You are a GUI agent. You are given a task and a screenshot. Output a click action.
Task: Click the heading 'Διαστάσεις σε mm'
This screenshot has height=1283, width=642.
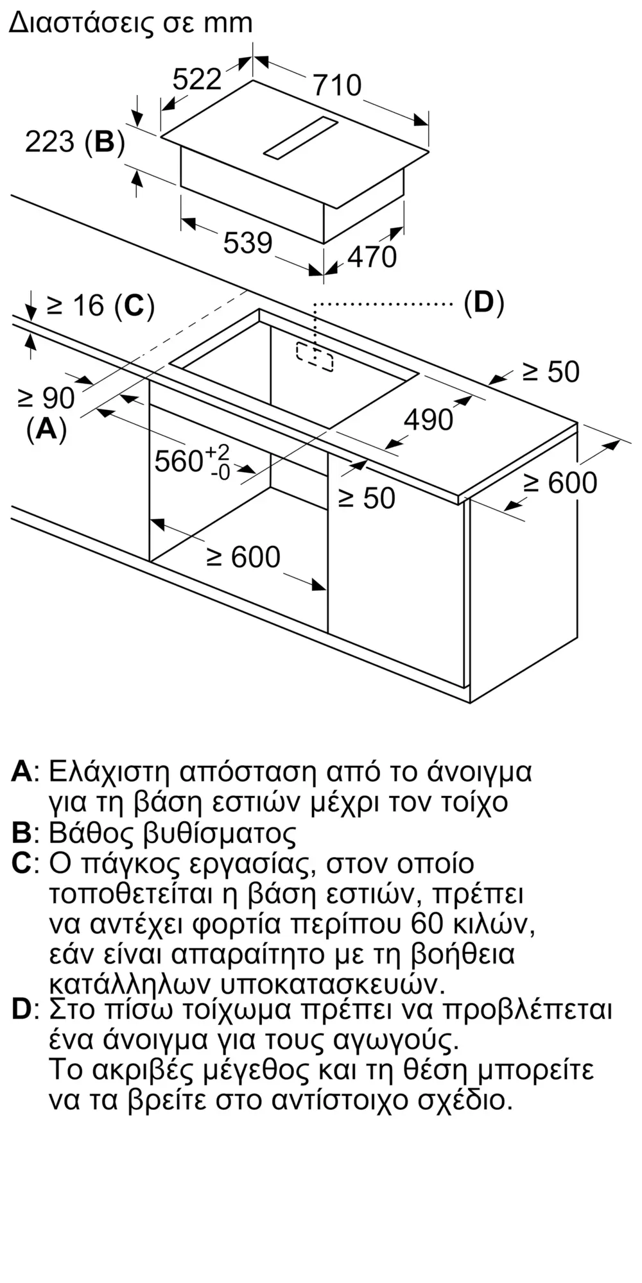click(x=131, y=23)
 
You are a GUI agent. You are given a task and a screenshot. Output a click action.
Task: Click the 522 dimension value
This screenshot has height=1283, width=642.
click(x=197, y=80)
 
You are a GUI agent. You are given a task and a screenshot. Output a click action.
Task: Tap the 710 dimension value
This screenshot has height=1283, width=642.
click(x=337, y=85)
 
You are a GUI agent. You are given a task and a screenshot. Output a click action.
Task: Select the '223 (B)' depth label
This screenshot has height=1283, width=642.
click(x=74, y=141)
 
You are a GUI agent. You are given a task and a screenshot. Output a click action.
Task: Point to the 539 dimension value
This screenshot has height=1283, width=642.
click(x=248, y=243)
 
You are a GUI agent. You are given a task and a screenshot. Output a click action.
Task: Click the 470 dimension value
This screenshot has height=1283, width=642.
click(x=372, y=257)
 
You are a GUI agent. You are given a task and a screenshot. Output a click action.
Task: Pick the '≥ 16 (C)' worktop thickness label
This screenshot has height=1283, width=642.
click(x=101, y=306)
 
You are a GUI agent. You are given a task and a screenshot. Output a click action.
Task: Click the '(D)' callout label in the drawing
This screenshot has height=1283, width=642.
click(x=484, y=302)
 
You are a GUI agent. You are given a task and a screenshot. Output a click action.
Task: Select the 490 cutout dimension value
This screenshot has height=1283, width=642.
click(x=428, y=420)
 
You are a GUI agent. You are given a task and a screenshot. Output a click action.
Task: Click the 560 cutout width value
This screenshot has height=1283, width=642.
click(x=179, y=461)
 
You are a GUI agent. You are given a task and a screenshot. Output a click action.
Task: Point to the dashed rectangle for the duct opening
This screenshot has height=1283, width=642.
click(x=315, y=356)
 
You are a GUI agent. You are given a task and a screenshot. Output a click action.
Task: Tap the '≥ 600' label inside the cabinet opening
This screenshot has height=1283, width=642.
click(x=243, y=557)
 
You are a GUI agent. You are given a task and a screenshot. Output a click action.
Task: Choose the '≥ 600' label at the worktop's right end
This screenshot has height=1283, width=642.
click(x=560, y=482)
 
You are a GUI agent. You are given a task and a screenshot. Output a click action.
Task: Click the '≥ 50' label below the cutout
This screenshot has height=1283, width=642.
click(x=366, y=498)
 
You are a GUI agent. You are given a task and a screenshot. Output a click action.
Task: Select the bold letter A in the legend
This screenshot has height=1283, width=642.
click(x=22, y=771)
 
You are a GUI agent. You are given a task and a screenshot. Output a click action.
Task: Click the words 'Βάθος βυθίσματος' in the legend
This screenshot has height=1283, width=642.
click(x=173, y=833)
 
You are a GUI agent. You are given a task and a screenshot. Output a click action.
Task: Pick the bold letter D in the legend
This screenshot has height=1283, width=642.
click(x=22, y=1010)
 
